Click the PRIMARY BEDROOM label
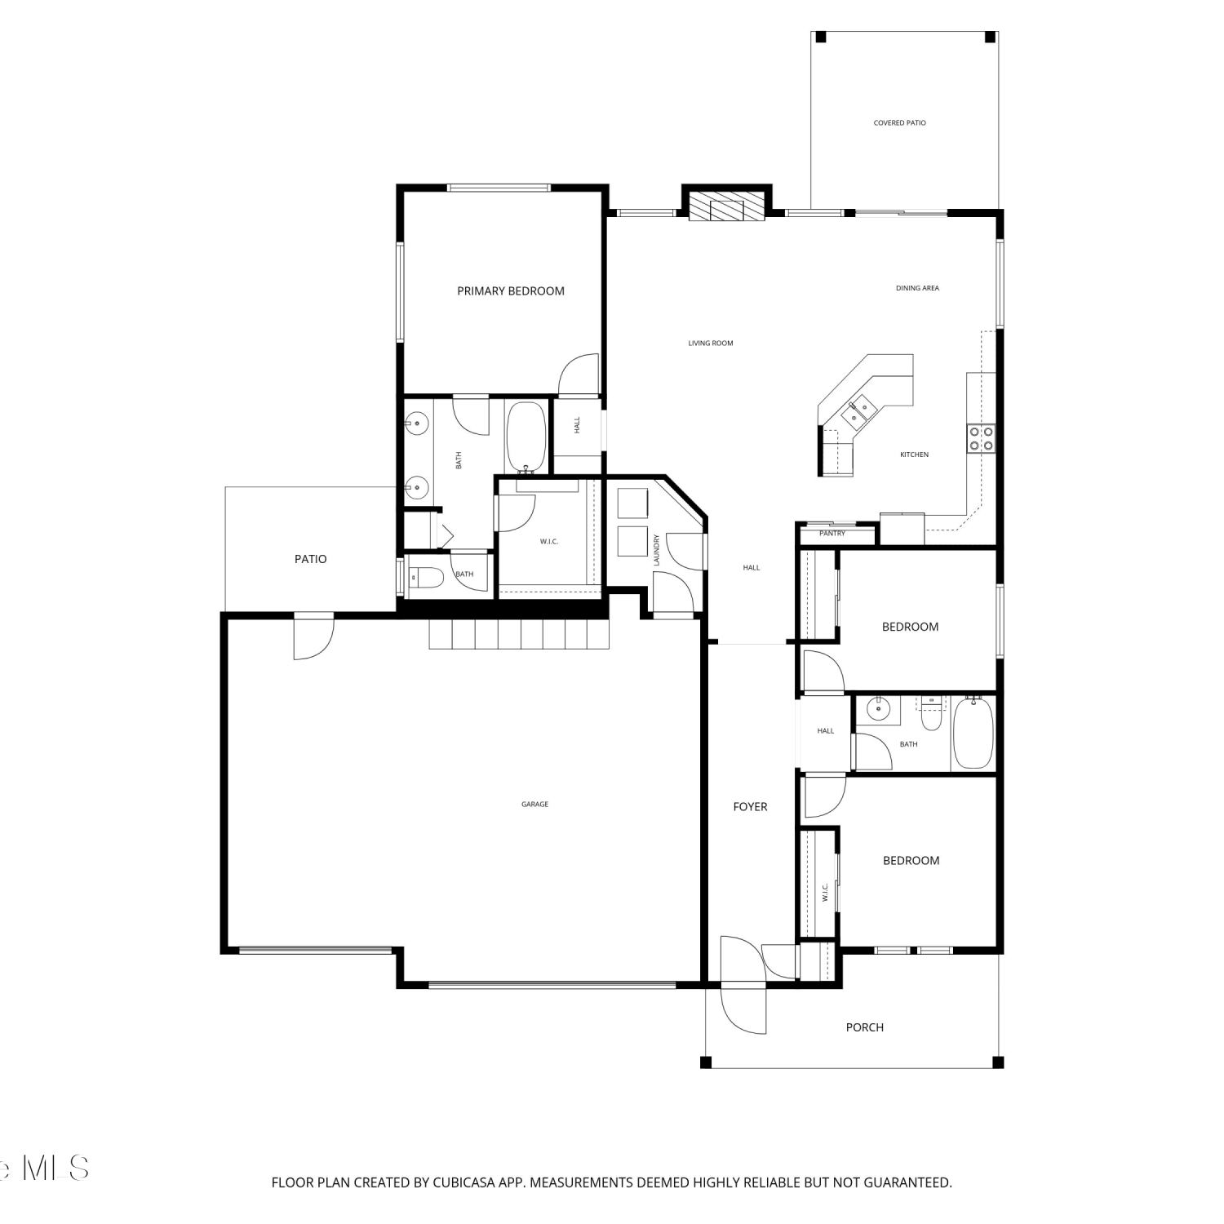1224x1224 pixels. (x=511, y=291)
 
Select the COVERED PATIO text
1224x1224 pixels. (x=900, y=123)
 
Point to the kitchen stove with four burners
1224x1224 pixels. (x=981, y=438)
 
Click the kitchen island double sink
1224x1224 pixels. (x=857, y=411)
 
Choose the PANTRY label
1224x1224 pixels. (x=832, y=534)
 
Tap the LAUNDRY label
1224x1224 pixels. (x=656, y=550)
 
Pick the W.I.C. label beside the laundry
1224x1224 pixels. (x=549, y=542)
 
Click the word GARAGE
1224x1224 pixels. (x=535, y=805)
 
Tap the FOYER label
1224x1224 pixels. (x=750, y=807)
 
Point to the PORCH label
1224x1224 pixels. (x=865, y=1027)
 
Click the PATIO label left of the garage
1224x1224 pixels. (x=311, y=559)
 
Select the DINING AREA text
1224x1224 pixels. (x=918, y=288)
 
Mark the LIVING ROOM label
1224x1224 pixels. (x=711, y=344)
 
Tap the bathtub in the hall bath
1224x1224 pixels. (x=973, y=733)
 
